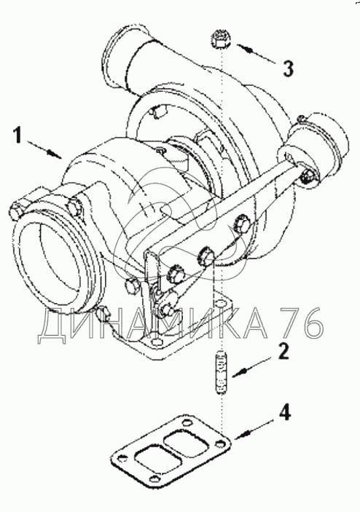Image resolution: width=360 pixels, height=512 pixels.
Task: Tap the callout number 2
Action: [x=283, y=351]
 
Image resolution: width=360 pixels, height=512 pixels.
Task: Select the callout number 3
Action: [x=288, y=68]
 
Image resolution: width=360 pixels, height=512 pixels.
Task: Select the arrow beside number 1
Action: [x=44, y=149]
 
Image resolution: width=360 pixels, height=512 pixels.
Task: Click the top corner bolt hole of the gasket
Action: [x=186, y=423]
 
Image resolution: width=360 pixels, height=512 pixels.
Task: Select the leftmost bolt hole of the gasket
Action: [x=120, y=458]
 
